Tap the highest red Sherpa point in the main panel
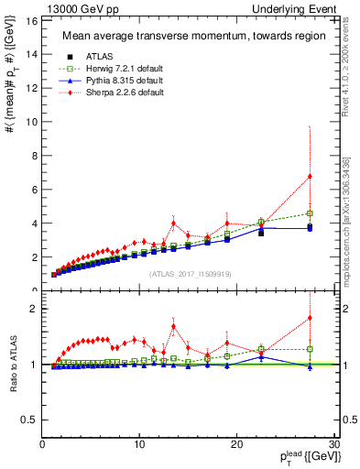pyautogui.click(x=310, y=176)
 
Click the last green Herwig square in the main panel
pyautogui.click(x=310, y=213)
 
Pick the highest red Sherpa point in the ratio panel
pyautogui.click(x=310, y=318)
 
